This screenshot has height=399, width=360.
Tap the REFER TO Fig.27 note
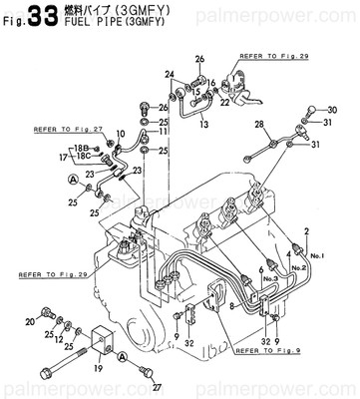(69, 129)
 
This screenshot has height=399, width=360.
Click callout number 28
(259, 125)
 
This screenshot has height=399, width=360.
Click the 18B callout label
(82, 148)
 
